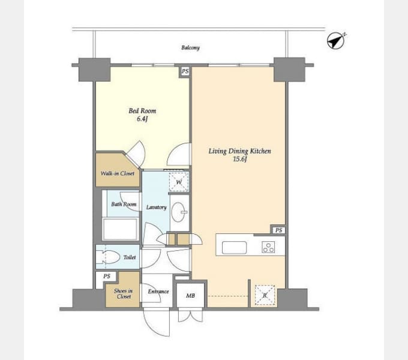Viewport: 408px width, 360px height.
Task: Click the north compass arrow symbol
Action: point(335,41)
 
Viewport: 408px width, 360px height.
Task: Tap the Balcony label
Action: point(190,47)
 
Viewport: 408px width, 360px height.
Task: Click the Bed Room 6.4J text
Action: point(142,115)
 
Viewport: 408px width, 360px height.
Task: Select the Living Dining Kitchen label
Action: point(239,151)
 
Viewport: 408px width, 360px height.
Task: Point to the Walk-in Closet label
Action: point(118,173)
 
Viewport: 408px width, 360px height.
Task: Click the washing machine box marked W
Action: point(179,182)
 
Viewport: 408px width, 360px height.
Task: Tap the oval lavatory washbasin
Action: point(179,212)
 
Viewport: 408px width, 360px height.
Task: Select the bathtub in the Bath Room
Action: point(120,229)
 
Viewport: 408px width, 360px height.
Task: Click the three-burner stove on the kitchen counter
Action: point(268,247)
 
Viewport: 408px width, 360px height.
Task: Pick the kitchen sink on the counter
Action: point(234,247)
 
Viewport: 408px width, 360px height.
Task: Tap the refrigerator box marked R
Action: point(265,295)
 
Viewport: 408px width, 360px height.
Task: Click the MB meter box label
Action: point(190,296)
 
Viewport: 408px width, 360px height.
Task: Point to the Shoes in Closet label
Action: point(124,293)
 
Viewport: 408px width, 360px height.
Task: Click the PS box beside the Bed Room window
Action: point(185,71)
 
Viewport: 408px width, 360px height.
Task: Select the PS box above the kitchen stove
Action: point(278,230)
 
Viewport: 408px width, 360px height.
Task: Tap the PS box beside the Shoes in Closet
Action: point(106,276)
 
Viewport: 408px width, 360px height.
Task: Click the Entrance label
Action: point(158,292)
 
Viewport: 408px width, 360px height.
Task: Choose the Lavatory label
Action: point(156,208)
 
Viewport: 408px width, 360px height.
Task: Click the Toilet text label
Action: point(130,257)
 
